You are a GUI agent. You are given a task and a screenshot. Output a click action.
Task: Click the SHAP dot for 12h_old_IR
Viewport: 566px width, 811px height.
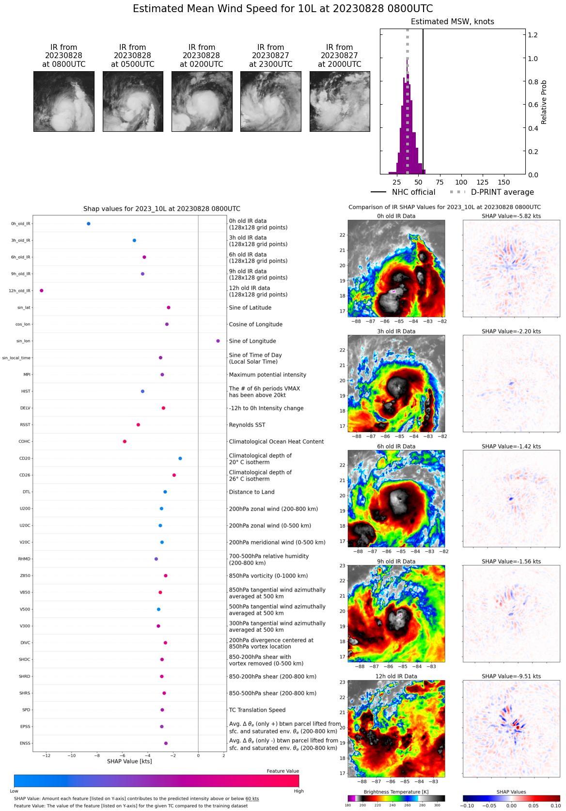[x=42, y=291]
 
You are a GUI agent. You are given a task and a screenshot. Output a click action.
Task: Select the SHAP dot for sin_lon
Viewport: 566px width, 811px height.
[x=218, y=341]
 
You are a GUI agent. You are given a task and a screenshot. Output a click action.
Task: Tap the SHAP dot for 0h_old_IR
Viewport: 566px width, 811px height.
[x=89, y=224]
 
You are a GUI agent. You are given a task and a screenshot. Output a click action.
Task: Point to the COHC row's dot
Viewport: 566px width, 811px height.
[x=125, y=441]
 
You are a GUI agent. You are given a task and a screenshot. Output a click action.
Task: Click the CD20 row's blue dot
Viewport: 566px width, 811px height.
[x=180, y=458]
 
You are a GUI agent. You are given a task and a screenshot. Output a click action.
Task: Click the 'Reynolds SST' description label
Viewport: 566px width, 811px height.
[x=247, y=425]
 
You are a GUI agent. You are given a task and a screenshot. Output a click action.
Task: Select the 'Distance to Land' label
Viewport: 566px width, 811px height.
[x=252, y=492]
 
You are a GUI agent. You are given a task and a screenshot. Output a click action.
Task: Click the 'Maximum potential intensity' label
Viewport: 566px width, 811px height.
[x=267, y=374]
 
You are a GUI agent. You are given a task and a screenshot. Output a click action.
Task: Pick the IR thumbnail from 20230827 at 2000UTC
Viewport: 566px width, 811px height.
[x=340, y=101]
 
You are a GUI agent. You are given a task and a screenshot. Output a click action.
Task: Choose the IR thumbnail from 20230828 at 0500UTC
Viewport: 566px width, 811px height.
[x=133, y=101]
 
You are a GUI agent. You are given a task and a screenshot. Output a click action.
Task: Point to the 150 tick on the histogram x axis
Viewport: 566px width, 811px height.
[x=504, y=182]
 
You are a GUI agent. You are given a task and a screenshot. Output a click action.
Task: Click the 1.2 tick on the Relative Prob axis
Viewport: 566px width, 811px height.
[x=533, y=35]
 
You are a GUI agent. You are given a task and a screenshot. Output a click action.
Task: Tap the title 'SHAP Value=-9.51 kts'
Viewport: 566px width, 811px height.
[x=511, y=676]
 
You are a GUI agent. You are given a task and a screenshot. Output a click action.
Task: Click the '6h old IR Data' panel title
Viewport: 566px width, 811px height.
[x=396, y=446]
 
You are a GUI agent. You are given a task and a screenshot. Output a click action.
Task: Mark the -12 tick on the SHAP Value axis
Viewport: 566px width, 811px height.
[x=46, y=755]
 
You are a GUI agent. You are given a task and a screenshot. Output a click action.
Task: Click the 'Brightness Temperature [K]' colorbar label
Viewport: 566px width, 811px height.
[x=396, y=792]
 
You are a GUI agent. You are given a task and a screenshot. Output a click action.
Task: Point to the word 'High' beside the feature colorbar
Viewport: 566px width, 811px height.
[x=299, y=791]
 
